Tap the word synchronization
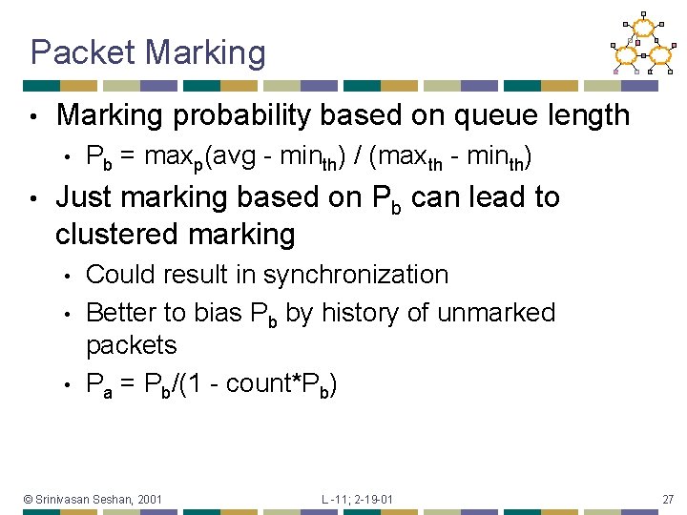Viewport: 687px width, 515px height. (x=356, y=275)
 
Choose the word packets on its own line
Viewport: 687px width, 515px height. (x=132, y=344)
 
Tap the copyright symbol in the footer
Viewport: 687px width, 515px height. (x=29, y=499)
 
